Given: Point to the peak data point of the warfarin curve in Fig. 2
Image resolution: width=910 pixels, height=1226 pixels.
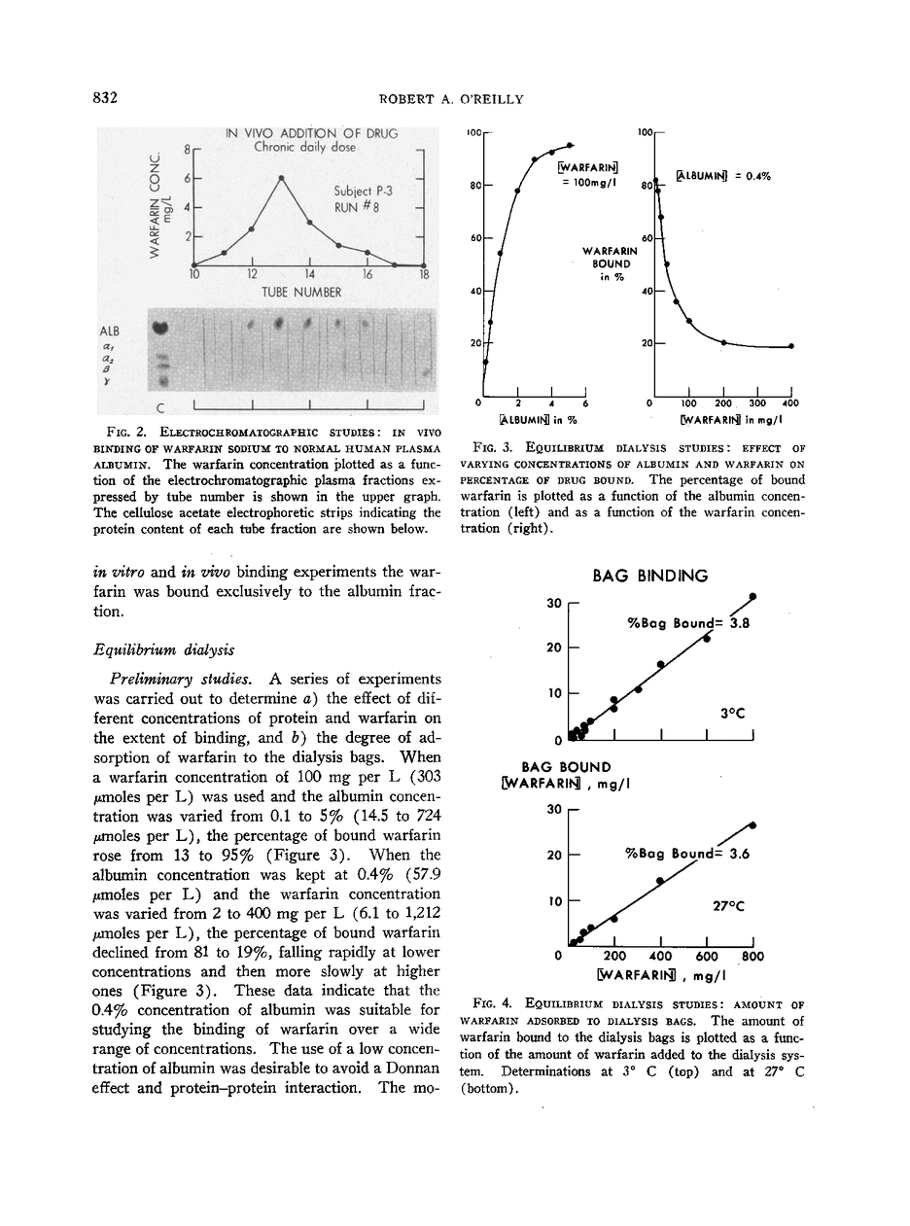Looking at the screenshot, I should (x=281, y=178).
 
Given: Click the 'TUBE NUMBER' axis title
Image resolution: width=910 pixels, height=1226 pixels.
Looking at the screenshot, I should (x=301, y=291).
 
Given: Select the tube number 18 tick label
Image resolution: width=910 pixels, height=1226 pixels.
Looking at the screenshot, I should (x=424, y=275).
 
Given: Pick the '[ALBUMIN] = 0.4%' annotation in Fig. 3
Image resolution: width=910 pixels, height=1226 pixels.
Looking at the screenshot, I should (x=722, y=176).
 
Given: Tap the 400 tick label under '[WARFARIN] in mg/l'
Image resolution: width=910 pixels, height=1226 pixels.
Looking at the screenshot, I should (x=790, y=403).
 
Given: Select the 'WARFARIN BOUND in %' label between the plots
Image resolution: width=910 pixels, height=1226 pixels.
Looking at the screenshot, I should (x=610, y=264).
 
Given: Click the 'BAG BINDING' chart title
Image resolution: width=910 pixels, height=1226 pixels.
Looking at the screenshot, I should (x=650, y=577).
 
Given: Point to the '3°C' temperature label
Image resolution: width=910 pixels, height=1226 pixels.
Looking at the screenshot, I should (x=732, y=713).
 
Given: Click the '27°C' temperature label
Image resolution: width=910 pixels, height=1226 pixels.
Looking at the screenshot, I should (x=728, y=904).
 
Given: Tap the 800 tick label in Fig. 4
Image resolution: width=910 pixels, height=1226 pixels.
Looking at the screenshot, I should (x=752, y=956).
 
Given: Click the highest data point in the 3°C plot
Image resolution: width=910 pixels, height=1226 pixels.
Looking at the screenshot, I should (x=753, y=597).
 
